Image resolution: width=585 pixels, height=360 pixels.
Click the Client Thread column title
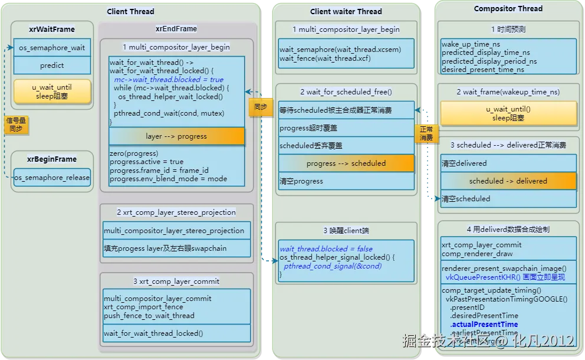(x=130, y=11)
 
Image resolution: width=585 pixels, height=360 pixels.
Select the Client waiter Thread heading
(x=346, y=11)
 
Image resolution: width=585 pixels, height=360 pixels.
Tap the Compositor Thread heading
(x=508, y=9)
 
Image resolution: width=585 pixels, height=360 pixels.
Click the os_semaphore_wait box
(x=52, y=48)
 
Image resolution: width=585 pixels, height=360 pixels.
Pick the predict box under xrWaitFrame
(x=52, y=66)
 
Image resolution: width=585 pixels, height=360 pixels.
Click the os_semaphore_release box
(x=52, y=177)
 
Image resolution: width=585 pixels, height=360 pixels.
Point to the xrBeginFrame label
(x=52, y=159)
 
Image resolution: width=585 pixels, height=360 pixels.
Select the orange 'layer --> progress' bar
(x=176, y=136)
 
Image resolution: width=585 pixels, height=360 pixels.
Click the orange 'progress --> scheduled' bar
(x=346, y=163)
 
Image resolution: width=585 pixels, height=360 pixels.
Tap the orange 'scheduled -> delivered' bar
(x=508, y=181)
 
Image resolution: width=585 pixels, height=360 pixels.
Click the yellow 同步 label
(x=260, y=107)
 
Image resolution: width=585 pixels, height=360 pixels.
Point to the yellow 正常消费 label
(x=426, y=133)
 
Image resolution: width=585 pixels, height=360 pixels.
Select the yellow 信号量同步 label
(x=16, y=125)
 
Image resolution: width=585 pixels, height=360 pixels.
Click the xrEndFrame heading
(x=176, y=28)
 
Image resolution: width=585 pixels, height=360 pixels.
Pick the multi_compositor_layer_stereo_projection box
(x=174, y=231)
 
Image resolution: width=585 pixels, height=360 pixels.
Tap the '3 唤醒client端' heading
(x=346, y=230)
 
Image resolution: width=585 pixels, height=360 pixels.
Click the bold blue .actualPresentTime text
(x=484, y=324)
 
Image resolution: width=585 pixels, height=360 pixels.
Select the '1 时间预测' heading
(x=508, y=29)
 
